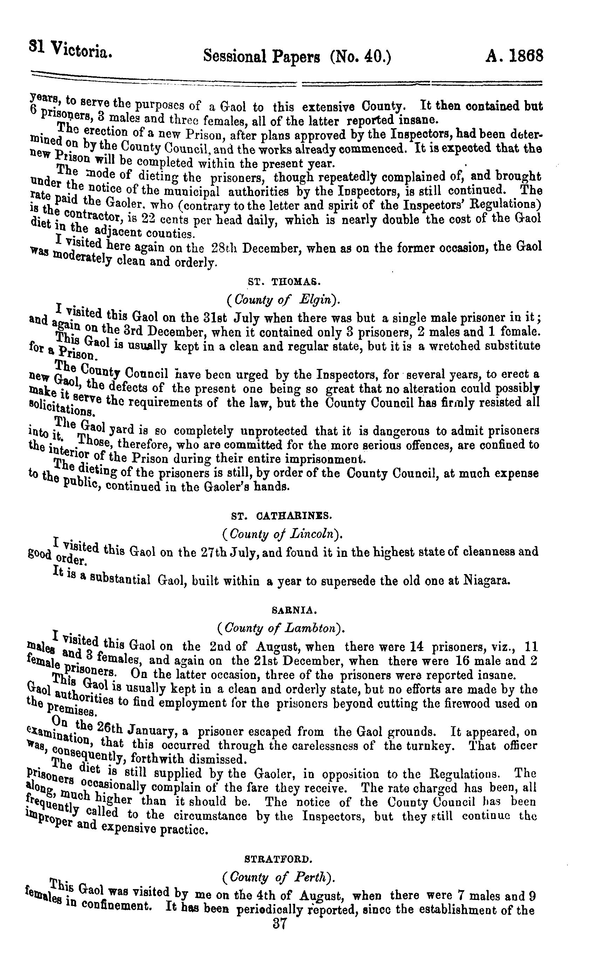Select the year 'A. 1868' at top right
(514, 55)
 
